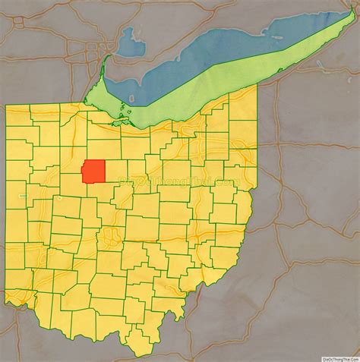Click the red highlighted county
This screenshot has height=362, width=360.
[x=94, y=171]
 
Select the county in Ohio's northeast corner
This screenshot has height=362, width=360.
[x=243, y=106]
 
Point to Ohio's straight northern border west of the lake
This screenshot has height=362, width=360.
[x=46, y=105]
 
